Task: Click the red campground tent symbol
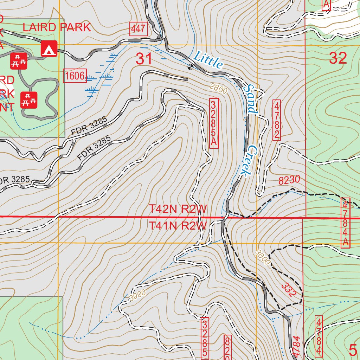49,49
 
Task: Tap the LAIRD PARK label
57,27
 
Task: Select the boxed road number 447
138,30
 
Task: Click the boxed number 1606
75,76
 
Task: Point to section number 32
338,58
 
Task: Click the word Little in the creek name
209,60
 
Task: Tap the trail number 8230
289,180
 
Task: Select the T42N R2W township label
178,209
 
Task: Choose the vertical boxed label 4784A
346,222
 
